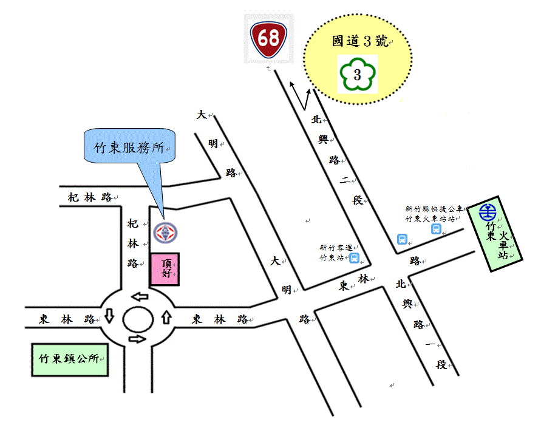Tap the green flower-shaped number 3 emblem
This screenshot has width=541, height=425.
pyautogui.click(x=357, y=75)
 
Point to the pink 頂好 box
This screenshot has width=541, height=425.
pyautogui.click(x=165, y=269)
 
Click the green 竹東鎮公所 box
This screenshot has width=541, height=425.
pyautogui.click(x=70, y=359)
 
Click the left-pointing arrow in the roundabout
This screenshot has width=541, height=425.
pyautogui.click(x=140, y=296)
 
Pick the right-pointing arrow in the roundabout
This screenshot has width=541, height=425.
pyautogui.click(x=138, y=339)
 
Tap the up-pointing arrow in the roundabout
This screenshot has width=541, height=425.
pyautogui.click(x=166, y=318)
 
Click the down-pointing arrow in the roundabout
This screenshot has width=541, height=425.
pyautogui.click(x=109, y=316)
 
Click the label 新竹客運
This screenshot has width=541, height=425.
pyautogui.click(x=335, y=247)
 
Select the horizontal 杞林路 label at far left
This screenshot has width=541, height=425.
pyautogui.click(x=90, y=197)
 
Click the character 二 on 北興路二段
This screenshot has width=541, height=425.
pyautogui.click(x=344, y=180)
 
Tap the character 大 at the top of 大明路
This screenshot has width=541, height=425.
pyautogui.click(x=200, y=114)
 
